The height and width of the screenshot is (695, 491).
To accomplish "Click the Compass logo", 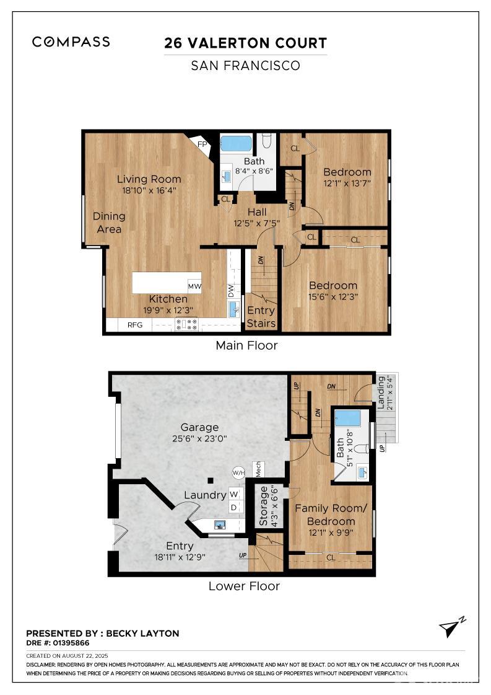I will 71,42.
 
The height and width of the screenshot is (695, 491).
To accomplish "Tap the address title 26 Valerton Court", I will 245,43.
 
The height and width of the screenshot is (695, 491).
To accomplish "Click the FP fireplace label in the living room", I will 202,144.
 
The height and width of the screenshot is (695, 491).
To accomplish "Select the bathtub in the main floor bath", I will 236,144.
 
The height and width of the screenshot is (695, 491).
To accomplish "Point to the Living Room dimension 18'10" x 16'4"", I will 149,190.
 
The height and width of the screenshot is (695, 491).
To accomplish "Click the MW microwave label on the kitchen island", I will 194,286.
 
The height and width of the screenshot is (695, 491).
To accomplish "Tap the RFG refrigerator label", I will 136,324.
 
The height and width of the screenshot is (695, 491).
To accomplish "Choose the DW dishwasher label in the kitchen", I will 231,290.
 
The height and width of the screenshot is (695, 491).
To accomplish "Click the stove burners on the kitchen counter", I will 186,324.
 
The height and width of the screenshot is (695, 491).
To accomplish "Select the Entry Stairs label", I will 261,317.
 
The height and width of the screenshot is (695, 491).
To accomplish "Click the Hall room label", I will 256,212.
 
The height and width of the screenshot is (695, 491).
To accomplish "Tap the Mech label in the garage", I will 254,469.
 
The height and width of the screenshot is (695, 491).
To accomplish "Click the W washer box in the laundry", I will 234,494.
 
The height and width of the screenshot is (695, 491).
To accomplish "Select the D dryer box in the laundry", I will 234,507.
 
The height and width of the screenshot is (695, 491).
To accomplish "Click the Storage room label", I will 264,506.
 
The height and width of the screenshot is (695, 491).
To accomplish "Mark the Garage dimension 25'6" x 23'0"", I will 199,438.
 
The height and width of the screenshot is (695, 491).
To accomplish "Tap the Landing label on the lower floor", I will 381,393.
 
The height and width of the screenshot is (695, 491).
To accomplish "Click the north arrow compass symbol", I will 452,627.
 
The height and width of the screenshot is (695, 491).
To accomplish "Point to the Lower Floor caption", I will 244,586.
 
